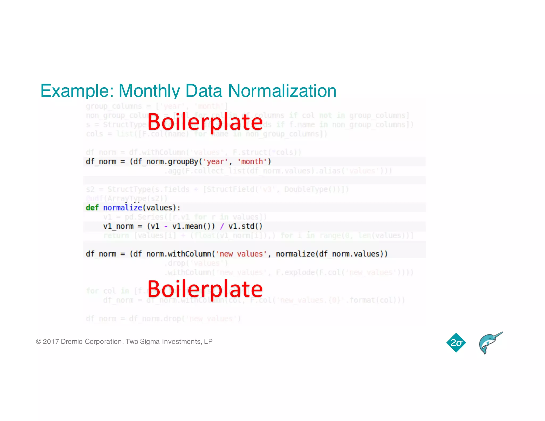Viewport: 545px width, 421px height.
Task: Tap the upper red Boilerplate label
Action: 205,122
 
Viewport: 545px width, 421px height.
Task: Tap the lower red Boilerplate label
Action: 205,289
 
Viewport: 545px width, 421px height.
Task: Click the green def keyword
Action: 92,208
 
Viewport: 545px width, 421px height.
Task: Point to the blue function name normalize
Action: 123,208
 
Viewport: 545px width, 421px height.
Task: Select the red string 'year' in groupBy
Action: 215,162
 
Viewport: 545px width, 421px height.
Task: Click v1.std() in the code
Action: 245,226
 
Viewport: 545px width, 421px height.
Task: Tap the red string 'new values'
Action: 241,254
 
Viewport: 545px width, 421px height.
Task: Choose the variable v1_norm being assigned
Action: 118,226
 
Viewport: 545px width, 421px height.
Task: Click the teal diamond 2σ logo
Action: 456,343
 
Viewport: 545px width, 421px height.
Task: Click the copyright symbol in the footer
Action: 39,341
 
